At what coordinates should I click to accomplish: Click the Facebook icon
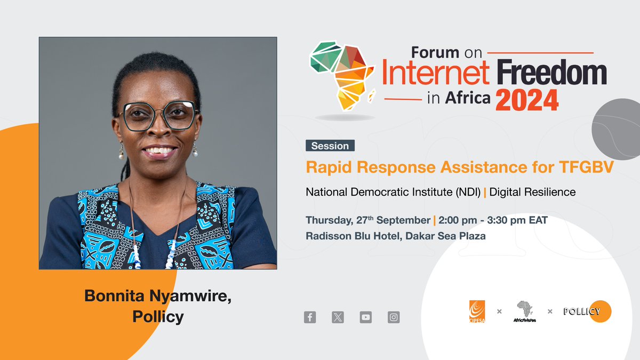click(x=310, y=317)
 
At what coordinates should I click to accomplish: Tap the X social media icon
click(x=338, y=317)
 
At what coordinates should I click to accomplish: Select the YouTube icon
click(x=365, y=317)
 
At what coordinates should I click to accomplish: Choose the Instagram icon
click(x=393, y=317)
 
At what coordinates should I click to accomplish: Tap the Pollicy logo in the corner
click(x=587, y=311)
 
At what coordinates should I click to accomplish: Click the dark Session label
click(x=330, y=146)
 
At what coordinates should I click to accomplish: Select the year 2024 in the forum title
click(x=526, y=100)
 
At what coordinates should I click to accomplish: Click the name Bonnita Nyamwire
click(x=158, y=298)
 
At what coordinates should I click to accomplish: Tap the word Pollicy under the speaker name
click(x=158, y=316)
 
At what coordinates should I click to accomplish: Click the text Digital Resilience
click(x=532, y=192)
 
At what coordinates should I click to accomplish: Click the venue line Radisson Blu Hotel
click(x=395, y=235)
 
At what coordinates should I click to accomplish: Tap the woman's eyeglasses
click(x=158, y=115)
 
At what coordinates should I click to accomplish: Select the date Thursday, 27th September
click(x=367, y=220)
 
